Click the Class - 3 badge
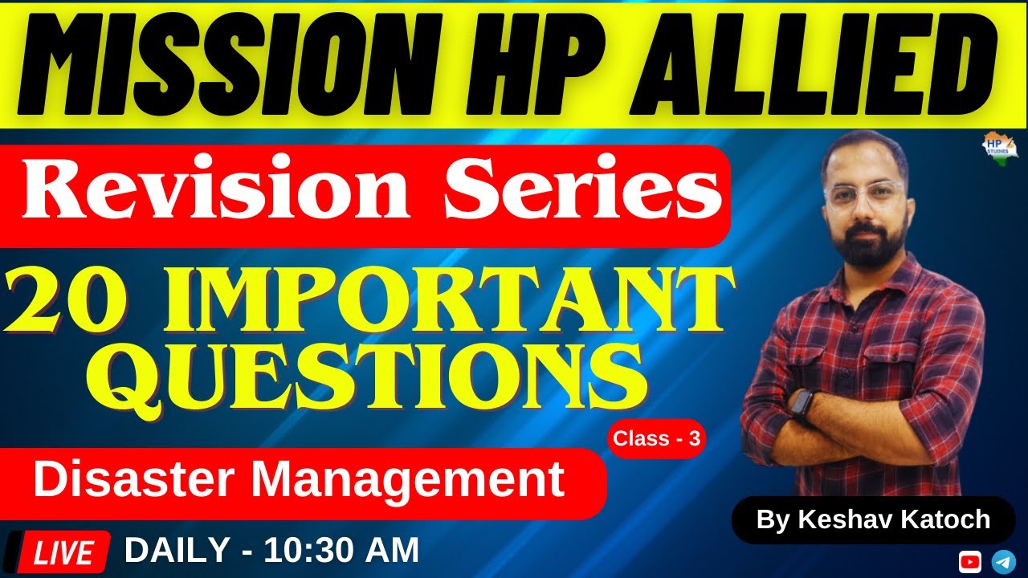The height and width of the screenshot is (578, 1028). coord(656,439)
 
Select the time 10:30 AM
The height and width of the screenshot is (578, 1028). coord(341,551)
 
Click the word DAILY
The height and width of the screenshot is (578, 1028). coord(177,551)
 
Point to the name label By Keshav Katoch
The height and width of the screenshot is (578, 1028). coord(873,519)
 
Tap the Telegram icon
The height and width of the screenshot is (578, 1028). coord(1003,560)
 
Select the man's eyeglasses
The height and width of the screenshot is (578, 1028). coord(863,195)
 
